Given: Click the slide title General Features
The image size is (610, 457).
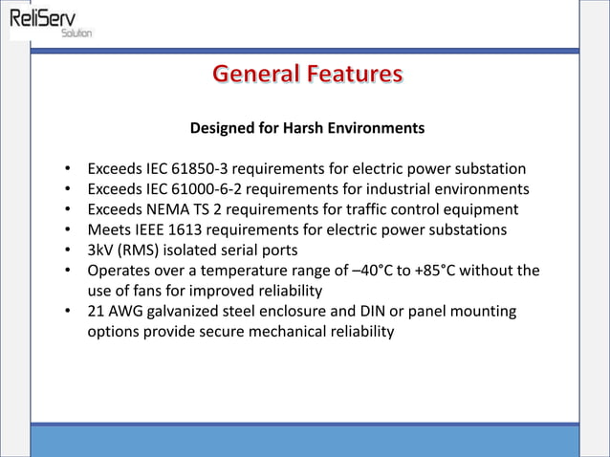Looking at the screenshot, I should click(x=307, y=74).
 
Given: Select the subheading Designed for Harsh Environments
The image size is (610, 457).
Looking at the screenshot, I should click(x=307, y=127).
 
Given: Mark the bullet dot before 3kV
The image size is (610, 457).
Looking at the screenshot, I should click(x=68, y=250).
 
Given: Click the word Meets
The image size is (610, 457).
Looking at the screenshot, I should click(x=109, y=229).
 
